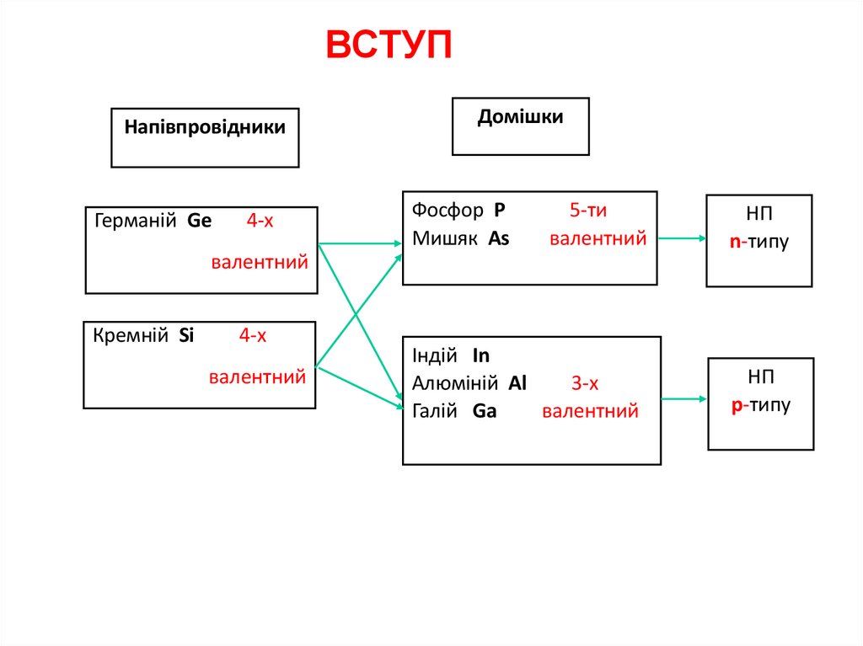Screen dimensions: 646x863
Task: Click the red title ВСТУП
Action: point(389,46)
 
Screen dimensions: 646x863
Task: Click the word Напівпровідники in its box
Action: point(205,127)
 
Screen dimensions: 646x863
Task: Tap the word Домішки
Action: point(520,117)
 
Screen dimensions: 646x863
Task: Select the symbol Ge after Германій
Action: point(200,222)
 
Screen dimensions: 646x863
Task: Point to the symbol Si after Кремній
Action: point(186,335)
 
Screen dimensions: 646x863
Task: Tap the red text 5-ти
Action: point(588,211)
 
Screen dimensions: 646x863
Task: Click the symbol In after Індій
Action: point(481,355)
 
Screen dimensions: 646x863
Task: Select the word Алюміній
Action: point(455,383)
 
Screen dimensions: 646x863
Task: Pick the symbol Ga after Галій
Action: point(485,411)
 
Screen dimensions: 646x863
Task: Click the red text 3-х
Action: point(585,384)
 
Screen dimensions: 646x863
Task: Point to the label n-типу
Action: point(759,243)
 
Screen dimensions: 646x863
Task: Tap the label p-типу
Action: point(761,405)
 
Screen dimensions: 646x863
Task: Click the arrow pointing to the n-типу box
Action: point(682,238)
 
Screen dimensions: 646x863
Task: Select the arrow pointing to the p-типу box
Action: point(684,398)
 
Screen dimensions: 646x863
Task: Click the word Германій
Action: point(135,222)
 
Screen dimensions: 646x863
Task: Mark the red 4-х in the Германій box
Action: point(260,222)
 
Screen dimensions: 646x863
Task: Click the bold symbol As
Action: point(499,238)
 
